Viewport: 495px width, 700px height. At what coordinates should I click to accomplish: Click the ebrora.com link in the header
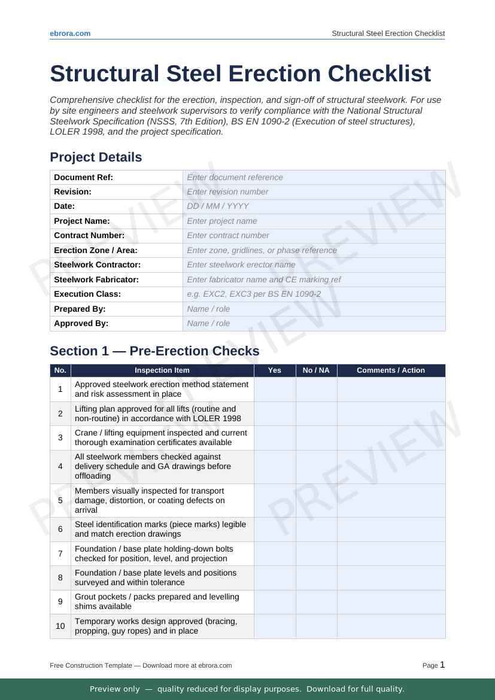70,34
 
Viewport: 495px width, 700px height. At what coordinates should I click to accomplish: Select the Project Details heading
96,157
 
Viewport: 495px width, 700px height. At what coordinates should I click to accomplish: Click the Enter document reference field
314,177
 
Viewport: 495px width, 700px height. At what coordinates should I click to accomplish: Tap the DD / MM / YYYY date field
314,206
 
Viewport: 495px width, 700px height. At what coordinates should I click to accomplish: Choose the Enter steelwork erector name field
314,265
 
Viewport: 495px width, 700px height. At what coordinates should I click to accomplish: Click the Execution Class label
87,294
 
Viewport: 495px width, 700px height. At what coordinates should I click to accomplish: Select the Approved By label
81,324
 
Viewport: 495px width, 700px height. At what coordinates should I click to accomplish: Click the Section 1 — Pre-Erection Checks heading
154,351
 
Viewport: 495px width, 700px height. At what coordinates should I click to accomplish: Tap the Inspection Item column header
162,370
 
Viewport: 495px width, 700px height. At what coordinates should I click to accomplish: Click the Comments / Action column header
391,370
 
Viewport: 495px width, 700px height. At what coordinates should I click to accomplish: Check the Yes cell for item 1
275,389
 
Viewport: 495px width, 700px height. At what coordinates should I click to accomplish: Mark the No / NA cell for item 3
316,438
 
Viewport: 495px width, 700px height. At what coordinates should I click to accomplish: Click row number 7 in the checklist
60,554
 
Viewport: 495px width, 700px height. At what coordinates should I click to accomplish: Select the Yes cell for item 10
275,626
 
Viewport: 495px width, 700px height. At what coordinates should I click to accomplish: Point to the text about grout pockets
157,602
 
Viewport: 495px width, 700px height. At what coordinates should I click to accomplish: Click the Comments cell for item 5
391,501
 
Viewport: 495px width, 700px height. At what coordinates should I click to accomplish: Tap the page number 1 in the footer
442,665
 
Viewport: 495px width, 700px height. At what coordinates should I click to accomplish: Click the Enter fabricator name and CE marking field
314,280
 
